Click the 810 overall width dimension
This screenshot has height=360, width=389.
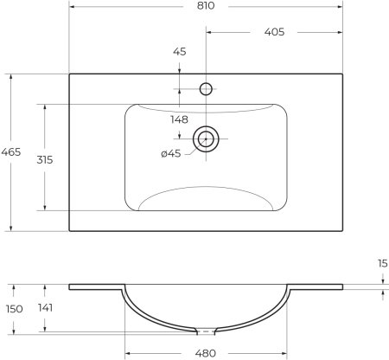coord(206,8)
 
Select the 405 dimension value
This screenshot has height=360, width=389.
coord(275,34)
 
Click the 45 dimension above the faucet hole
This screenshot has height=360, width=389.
coord(179,53)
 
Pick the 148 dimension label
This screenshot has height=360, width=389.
coord(179,119)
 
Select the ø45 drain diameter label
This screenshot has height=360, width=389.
coord(170,154)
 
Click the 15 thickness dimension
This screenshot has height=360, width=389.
coord(380,263)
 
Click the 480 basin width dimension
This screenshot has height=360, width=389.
coord(206,352)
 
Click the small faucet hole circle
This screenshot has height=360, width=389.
coord(206,87)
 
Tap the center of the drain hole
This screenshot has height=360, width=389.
coord(206,138)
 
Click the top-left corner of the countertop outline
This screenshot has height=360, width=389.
coord(69,74)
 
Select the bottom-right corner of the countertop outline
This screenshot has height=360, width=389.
coord(343,231)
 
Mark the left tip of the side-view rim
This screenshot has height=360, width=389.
coord(70,286)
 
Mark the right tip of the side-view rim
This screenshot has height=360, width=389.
coord(342,286)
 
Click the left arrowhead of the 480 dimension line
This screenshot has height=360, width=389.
coord(127,352)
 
